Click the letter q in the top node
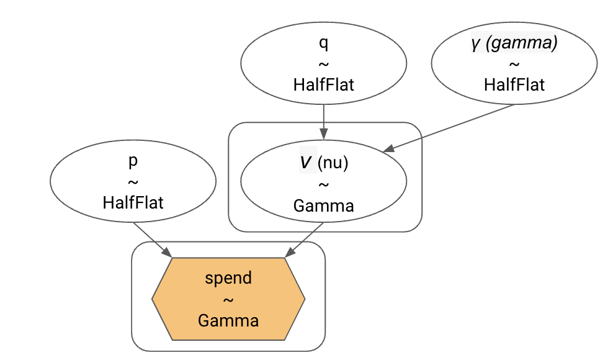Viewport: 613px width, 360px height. [323, 44]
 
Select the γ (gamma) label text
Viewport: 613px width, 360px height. [514, 44]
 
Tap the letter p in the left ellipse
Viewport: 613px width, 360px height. [133, 162]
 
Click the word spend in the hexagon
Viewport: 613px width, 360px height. [228, 277]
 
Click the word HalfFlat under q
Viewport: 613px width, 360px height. [323, 84]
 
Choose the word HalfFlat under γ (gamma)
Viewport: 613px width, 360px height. [514, 84]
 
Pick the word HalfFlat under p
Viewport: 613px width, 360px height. [133, 202]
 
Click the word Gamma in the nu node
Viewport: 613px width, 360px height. [323, 205]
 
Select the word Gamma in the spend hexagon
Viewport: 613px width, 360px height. [228, 320]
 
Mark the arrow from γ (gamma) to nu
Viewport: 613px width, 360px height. [452, 127]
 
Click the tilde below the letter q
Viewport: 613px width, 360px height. [323, 65]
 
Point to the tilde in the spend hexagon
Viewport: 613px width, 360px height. [228, 299]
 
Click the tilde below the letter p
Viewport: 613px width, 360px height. [133, 182]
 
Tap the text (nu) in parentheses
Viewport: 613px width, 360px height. [333, 164]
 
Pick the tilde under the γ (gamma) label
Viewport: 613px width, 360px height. [514, 65]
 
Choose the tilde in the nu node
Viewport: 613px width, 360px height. [323, 185]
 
